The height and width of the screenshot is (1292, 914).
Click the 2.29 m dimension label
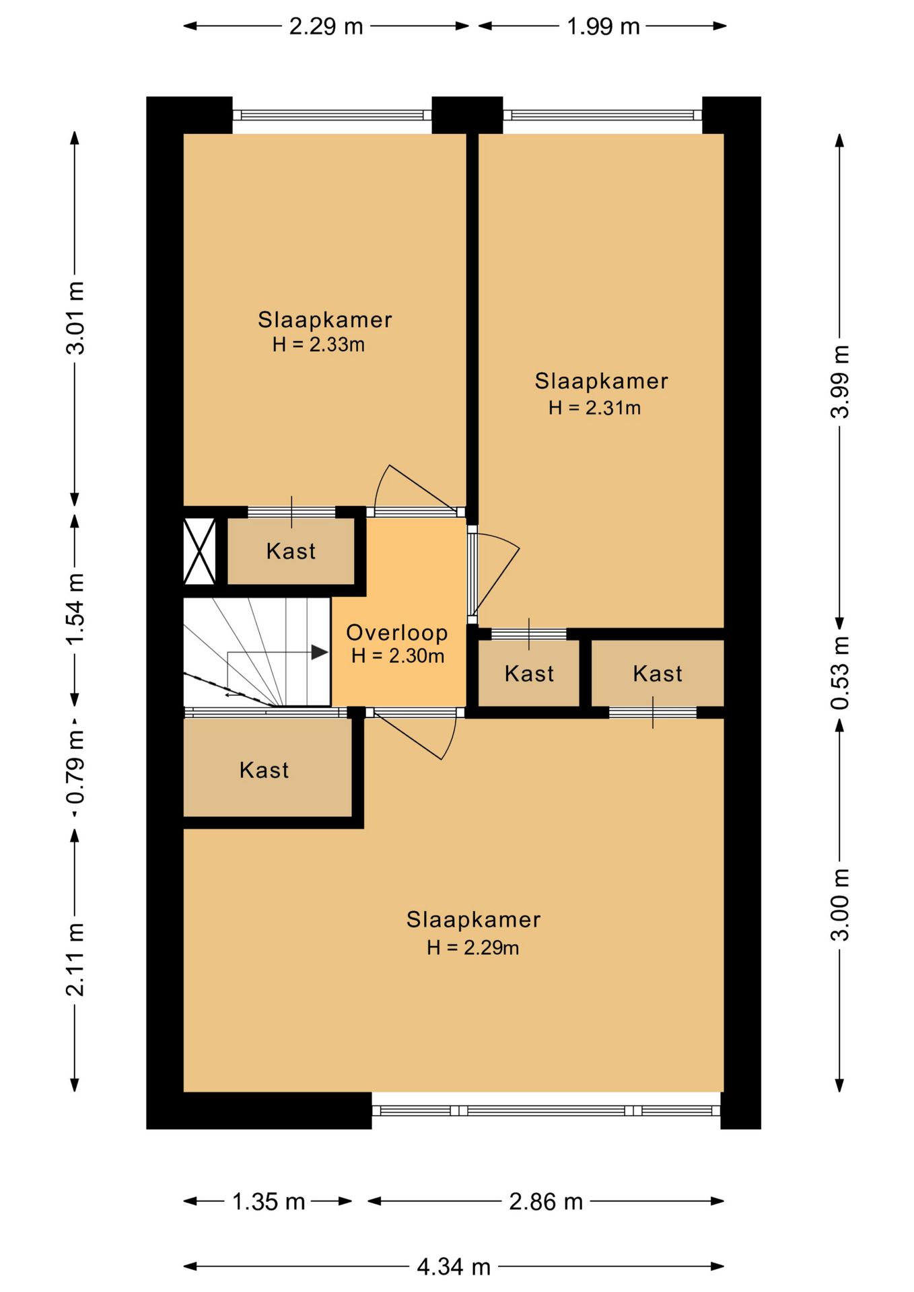[x=326, y=26]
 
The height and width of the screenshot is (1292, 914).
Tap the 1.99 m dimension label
[x=603, y=26]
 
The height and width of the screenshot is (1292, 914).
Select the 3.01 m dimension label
[x=75, y=318]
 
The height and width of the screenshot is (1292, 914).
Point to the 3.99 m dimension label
[x=840, y=382]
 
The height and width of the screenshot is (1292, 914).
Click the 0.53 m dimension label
[x=840, y=673]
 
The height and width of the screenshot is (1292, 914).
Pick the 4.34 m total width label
[x=454, y=1267]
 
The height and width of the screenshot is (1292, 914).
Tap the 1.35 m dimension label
[x=269, y=1201]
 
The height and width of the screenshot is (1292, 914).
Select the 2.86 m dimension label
[x=546, y=1201]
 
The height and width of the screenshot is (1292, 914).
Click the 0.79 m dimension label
[x=75, y=766]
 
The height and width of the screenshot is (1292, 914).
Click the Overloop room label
[x=397, y=633]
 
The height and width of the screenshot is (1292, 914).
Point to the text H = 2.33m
[x=318, y=345]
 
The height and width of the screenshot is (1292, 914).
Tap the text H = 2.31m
[x=594, y=407]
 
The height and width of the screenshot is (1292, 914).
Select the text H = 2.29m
[x=472, y=947]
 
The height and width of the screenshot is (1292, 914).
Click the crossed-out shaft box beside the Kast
[x=200, y=550]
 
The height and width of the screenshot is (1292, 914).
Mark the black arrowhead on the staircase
[x=320, y=652]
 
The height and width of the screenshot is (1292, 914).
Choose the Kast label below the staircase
[x=264, y=770]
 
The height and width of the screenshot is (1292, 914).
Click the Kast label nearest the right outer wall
[x=658, y=674]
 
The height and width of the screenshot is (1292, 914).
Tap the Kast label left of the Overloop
[x=291, y=551]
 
